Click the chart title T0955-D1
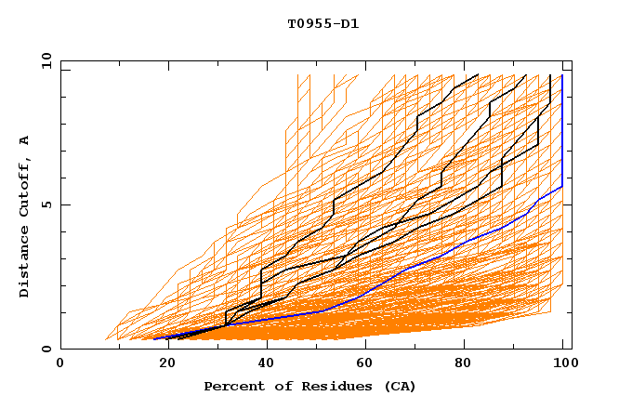pyautogui.click(x=323, y=23)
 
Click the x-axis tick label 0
pyautogui.click(x=61, y=364)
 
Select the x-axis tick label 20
pyautogui.click(x=162, y=364)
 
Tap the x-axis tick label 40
pyautogui.click(x=263, y=364)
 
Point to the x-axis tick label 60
pyautogui.click(x=363, y=364)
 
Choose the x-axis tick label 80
pyautogui.click(x=465, y=364)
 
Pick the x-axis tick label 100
pyautogui.click(x=562, y=364)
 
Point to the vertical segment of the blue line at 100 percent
pyautogui.click(x=562, y=130)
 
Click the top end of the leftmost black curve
pyautogui.click(x=478, y=74)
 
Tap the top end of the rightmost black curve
pyautogui.click(x=550, y=74)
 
